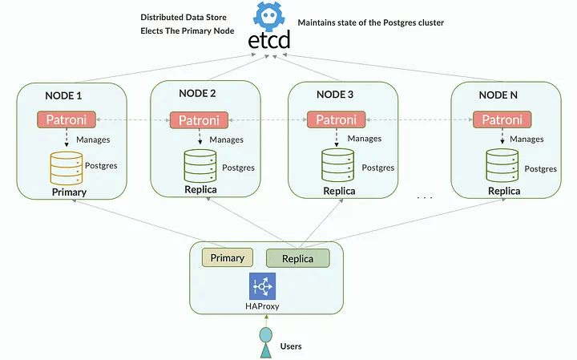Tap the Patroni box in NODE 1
point(67,120)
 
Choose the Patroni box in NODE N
point(500,120)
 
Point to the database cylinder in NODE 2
point(200,166)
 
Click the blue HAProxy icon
point(263,286)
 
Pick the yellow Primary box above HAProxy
point(227,257)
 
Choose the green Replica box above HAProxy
point(297,257)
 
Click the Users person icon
point(266,340)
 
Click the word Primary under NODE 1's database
point(69,193)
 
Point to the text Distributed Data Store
point(184,17)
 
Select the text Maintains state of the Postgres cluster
point(370,22)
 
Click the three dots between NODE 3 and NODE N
point(425,196)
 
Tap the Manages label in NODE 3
point(365,140)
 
